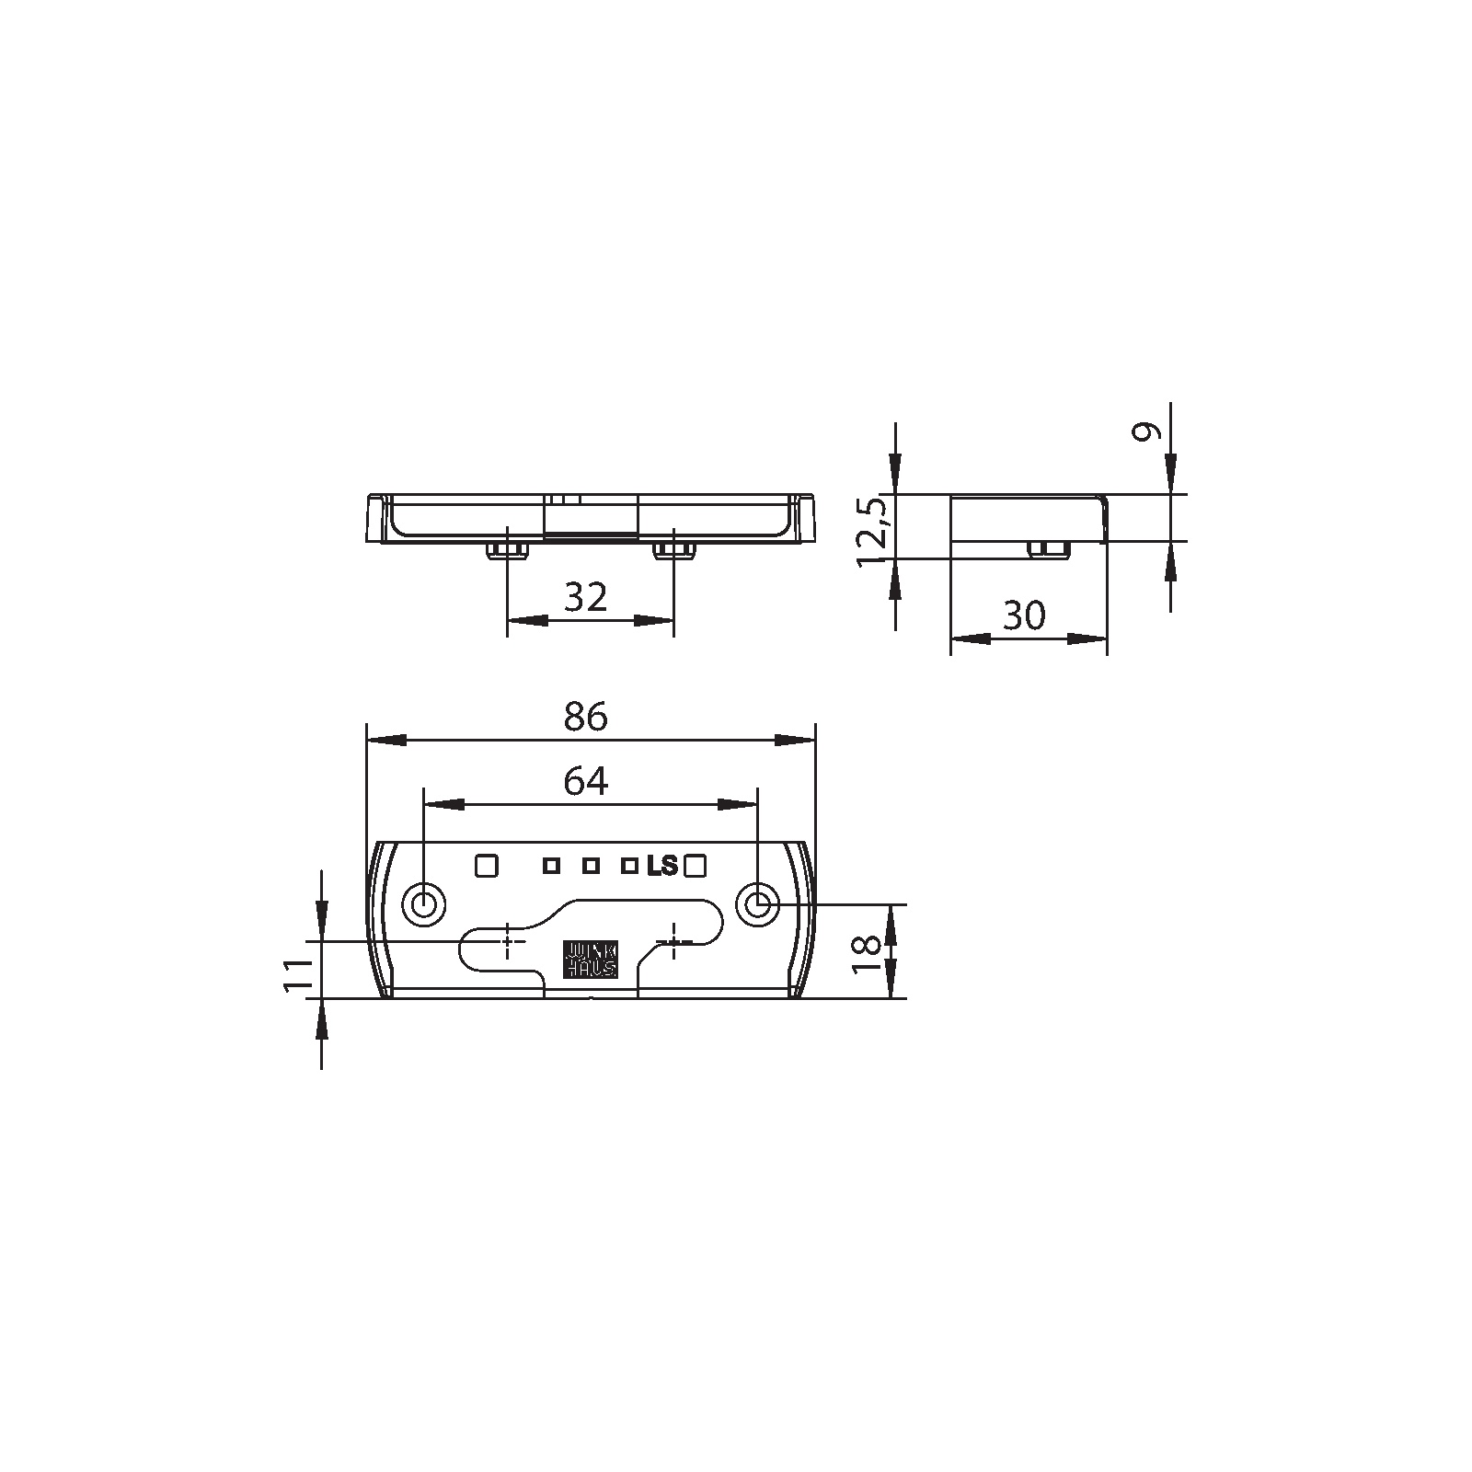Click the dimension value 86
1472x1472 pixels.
[x=586, y=717]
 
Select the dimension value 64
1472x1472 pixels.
[x=586, y=782]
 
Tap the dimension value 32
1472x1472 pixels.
[x=586, y=598]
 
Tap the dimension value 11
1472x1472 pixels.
[x=295, y=975]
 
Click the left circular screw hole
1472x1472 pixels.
[x=424, y=905]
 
